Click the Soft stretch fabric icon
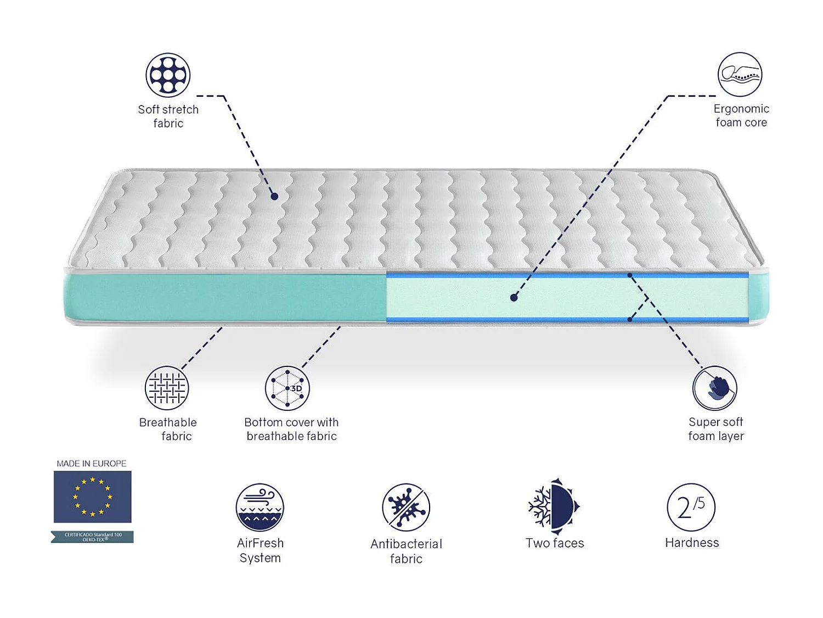168,75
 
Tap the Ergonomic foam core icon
740,74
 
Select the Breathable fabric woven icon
167,388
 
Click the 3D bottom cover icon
288,388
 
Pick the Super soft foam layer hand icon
714,388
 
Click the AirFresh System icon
260,507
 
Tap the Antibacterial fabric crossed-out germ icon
406,507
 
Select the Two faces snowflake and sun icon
554,506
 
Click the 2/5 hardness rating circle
691,507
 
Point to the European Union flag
92,497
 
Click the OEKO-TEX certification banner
92,537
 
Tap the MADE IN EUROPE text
92,464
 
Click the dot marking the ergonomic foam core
514,298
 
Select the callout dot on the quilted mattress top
274,196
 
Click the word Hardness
691,543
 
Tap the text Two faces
554,543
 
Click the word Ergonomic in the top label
741,109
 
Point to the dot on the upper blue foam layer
630,275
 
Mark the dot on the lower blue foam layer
630,319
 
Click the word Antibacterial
406,544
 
